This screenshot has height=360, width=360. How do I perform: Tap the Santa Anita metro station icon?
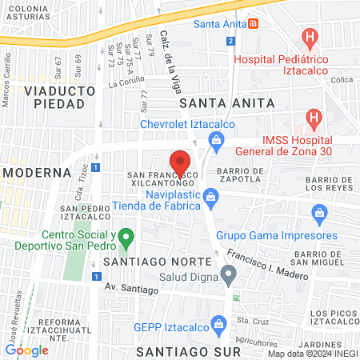pos(253,23)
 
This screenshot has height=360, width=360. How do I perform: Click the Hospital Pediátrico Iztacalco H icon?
pos(310,37)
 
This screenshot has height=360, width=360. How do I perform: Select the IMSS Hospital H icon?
pos(314,120)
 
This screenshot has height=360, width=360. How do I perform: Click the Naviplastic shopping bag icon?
pos(210,195)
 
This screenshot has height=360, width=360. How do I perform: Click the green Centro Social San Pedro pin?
pos(124,238)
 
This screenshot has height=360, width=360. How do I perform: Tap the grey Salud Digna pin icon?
pos(229,277)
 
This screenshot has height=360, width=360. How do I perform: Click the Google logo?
pos(26,350)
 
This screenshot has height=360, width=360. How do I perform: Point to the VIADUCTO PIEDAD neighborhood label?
pos(54,97)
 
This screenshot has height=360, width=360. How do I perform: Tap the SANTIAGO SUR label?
pos(189,351)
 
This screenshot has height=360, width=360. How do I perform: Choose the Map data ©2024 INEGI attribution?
pos(312,354)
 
